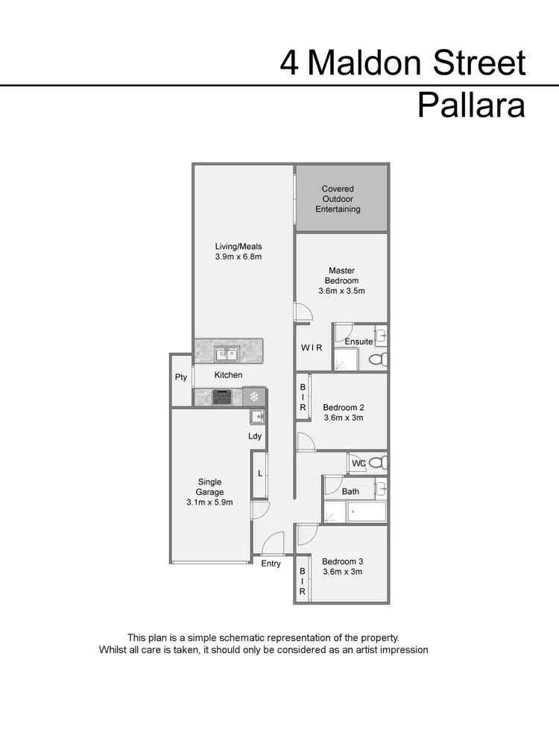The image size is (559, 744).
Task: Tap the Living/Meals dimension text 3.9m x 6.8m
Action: [239, 256]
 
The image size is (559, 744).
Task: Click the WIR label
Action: [311, 347]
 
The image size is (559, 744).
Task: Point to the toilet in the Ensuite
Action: [377, 359]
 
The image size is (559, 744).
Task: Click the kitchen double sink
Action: [227, 353]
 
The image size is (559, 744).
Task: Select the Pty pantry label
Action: [181, 377]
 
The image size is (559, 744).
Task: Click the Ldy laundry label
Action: [255, 436]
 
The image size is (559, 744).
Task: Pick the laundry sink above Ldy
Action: [256, 417]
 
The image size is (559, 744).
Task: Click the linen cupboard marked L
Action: [259, 473]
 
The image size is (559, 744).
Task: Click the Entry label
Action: [271, 564]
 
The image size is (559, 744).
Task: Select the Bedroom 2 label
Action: [343, 408]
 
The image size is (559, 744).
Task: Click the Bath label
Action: [350, 491]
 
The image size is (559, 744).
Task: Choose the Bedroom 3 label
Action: [342, 561]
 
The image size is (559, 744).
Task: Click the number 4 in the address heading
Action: [289, 63]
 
